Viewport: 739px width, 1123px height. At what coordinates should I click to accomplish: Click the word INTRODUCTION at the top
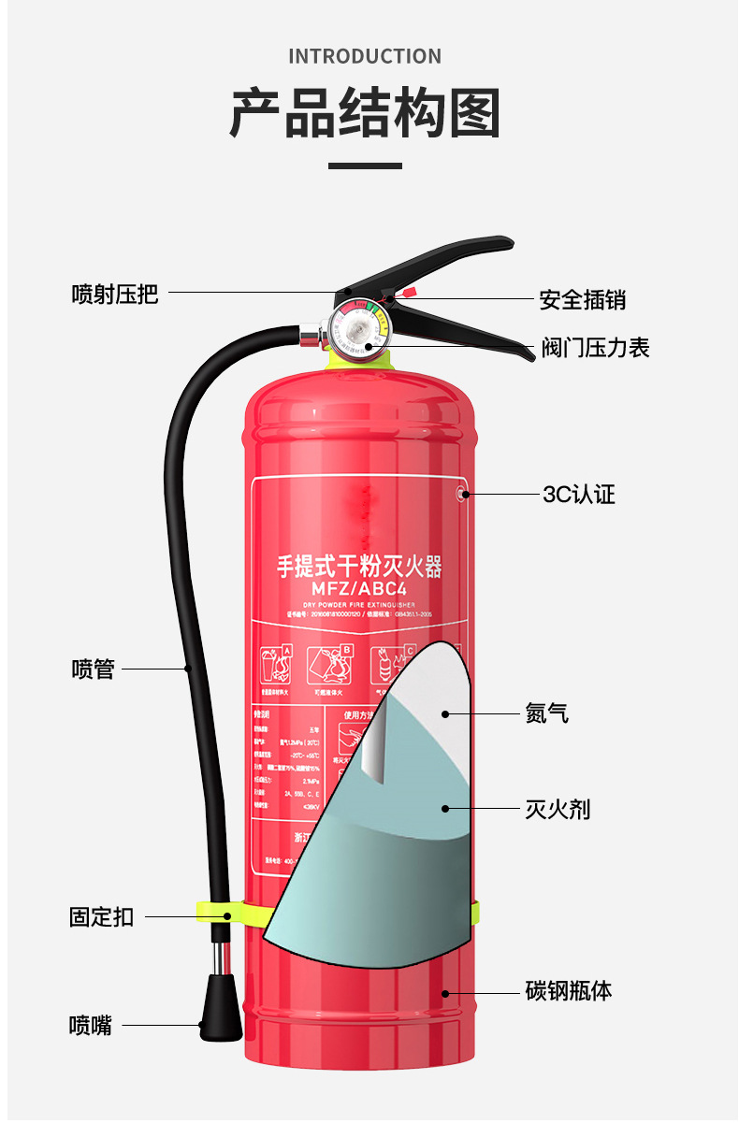(365, 56)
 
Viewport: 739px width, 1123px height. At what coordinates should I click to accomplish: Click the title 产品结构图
(365, 114)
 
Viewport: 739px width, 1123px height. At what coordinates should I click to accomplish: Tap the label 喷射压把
(115, 295)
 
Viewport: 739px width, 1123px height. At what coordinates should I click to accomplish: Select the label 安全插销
(582, 300)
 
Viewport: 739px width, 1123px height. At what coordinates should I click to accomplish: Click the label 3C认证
(579, 495)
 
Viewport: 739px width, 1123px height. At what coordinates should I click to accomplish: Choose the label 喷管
(93, 669)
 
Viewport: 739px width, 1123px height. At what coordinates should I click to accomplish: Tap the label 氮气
(546, 714)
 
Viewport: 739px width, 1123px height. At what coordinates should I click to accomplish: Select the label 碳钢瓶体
(569, 991)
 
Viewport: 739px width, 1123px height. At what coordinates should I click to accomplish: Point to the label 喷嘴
(91, 1026)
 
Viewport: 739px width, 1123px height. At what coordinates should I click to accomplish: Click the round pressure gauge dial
(356, 327)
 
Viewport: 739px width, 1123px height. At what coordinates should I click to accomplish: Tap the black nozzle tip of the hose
(220, 1009)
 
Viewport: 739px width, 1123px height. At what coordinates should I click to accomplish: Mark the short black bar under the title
(365, 166)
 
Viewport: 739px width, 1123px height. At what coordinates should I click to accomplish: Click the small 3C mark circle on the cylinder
(461, 494)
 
